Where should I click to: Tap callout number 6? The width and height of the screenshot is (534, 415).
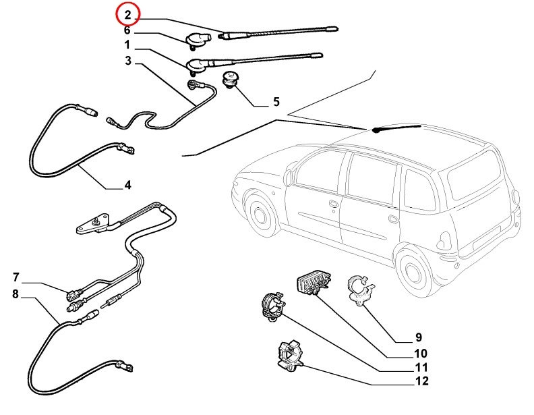click(x=127, y=30)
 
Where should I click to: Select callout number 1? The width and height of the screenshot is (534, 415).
click(x=127, y=46)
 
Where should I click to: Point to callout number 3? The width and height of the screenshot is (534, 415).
click(x=127, y=62)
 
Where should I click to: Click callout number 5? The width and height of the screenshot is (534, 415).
click(x=275, y=103)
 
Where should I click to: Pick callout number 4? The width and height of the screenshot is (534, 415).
click(x=127, y=185)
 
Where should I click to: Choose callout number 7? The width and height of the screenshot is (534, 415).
click(x=16, y=277)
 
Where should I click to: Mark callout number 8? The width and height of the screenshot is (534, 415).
click(x=16, y=294)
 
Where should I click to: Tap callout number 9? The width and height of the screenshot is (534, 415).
click(x=417, y=337)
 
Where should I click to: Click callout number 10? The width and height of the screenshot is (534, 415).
click(x=420, y=353)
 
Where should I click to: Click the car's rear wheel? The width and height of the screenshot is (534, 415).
click(x=413, y=271)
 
